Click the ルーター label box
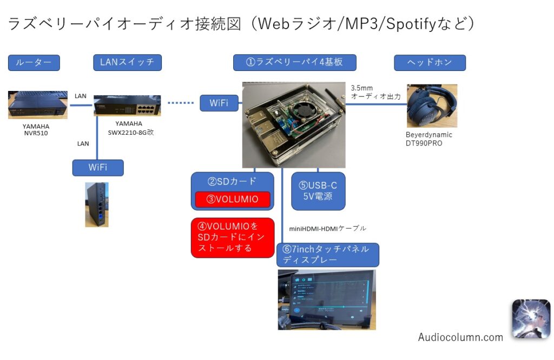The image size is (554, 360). [34, 63]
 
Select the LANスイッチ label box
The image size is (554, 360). [127, 62]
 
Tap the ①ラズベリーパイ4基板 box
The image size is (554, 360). [295, 62]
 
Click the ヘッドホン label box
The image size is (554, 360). [430, 63]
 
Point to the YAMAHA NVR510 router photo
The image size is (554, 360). [38, 104]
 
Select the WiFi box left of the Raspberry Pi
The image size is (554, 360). [219, 103]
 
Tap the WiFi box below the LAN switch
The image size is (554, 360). [98, 168]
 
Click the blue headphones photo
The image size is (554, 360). [432, 106]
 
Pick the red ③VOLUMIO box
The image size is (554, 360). [233, 199]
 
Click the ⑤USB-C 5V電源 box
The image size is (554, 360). [318, 191]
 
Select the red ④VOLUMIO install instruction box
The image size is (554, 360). [233, 238]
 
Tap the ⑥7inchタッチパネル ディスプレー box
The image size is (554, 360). [327, 254]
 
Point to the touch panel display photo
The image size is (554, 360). [327, 299]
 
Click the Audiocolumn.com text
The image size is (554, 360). [460, 337]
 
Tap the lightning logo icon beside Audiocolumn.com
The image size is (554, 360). [531, 319]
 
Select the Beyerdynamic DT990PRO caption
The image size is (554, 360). [428, 139]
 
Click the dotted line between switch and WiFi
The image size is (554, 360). [180, 103]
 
